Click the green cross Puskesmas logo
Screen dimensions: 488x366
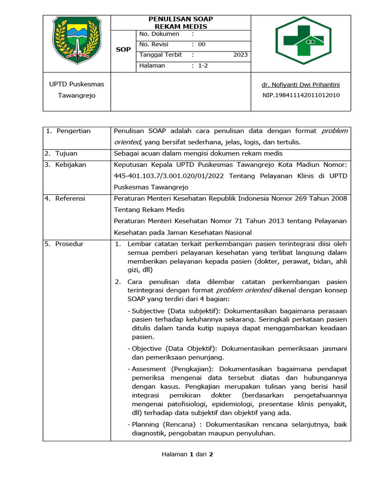click(303, 41)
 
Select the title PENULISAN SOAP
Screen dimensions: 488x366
click(181, 19)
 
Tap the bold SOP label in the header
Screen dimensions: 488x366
click(123, 50)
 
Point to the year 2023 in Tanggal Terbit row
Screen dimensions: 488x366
click(240, 55)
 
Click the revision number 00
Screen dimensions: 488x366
click(202, 44)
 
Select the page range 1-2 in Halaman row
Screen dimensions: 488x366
click(203, 66)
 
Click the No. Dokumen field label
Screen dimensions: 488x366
click(159, 34)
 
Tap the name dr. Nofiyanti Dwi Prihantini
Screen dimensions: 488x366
click(301, 85)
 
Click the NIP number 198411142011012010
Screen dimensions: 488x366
click(301, 95)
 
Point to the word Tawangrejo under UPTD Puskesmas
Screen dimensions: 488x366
click(77, 95)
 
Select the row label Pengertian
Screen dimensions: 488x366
click(73, 131)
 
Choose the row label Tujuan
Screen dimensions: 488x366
click(66, 153)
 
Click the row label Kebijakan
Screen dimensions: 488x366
click(71, 164)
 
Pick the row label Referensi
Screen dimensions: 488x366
click(70, 198)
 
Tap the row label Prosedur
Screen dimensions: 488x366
click(69, 244)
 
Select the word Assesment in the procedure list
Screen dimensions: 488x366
click(148, 369)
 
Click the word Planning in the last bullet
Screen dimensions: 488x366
click(145, 424)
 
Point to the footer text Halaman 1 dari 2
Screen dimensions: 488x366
click(187, 454)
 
